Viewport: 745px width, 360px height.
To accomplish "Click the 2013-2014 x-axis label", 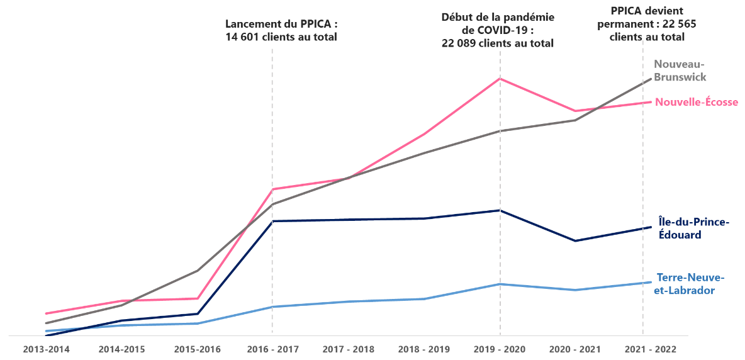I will tap(47, 349).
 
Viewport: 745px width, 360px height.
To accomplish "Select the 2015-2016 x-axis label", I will tap(197, 349).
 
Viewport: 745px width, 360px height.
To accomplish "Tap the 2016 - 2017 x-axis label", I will tap(272, 349).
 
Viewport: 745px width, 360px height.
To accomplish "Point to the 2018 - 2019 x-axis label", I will tap(424, 349).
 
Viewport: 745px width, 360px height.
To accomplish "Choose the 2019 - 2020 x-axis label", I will tap(500, 349).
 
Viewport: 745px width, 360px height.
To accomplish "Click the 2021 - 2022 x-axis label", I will tap(650, 349).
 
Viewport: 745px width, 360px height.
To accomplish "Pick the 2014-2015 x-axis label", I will tap(122, 349).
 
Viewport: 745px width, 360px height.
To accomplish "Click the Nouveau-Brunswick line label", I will tap(681, 70).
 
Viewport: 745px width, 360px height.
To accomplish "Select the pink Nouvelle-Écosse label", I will tap(697, 102).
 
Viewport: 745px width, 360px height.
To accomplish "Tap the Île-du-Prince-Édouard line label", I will tap(693, 228).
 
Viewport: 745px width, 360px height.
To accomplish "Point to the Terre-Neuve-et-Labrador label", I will tap(690, 284).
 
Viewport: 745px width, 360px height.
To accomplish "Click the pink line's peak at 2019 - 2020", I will tap(500, 79).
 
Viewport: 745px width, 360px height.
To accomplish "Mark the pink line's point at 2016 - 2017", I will tap(272, 189).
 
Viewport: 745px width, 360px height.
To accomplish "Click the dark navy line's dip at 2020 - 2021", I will tap(575, 240).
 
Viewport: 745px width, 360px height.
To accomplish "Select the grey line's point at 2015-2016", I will tap(198, 271).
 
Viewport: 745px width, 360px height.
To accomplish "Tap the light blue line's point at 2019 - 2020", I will tap(500, 284).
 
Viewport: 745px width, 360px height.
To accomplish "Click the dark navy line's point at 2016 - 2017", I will tap(272, 221).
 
